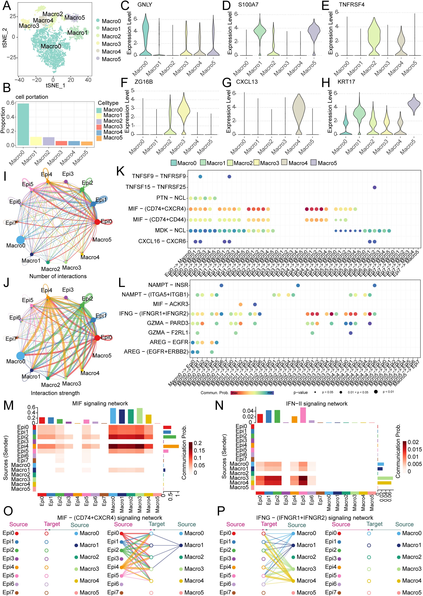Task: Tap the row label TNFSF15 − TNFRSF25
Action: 155,187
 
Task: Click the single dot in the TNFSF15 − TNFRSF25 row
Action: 374,187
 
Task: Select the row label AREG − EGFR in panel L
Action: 169,342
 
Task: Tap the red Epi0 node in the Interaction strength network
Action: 97,338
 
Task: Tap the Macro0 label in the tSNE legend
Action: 111,21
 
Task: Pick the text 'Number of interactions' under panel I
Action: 58,276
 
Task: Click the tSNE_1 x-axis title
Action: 56,85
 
